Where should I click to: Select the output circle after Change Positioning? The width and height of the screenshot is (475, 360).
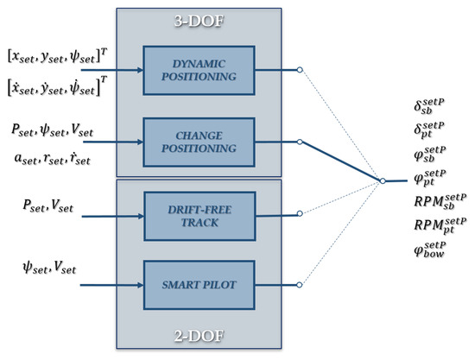pos(299,139)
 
